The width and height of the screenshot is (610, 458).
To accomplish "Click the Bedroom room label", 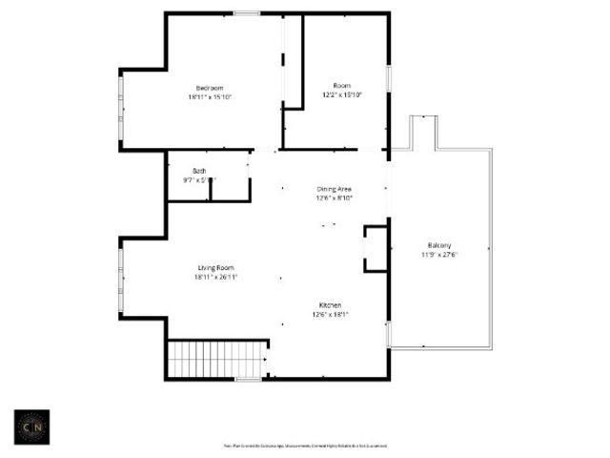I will (210, 88).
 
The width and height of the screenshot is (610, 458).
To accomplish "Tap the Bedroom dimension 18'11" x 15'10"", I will (210, 96).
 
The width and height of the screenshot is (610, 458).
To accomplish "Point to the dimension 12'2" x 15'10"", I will (342, 94).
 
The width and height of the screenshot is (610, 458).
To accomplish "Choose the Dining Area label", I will (335, 189).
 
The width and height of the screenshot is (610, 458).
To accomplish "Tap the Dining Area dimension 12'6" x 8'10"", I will (335, 198).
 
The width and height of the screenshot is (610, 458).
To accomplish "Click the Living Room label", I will (215, 267).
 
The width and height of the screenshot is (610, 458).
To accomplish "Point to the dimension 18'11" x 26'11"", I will (215, 277).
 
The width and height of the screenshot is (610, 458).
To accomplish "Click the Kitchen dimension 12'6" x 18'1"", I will (331, 315).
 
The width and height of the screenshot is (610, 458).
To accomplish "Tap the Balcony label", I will (439, 245).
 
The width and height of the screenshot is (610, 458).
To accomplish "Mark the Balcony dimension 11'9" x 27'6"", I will (439, 255).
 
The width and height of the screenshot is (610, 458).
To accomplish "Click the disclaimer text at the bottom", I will (305, 446).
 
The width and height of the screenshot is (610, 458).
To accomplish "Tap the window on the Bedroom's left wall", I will (120, 110).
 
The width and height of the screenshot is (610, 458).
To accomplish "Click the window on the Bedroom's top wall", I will (248, 12).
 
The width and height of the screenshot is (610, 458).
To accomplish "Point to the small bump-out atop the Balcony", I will (423, 132).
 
